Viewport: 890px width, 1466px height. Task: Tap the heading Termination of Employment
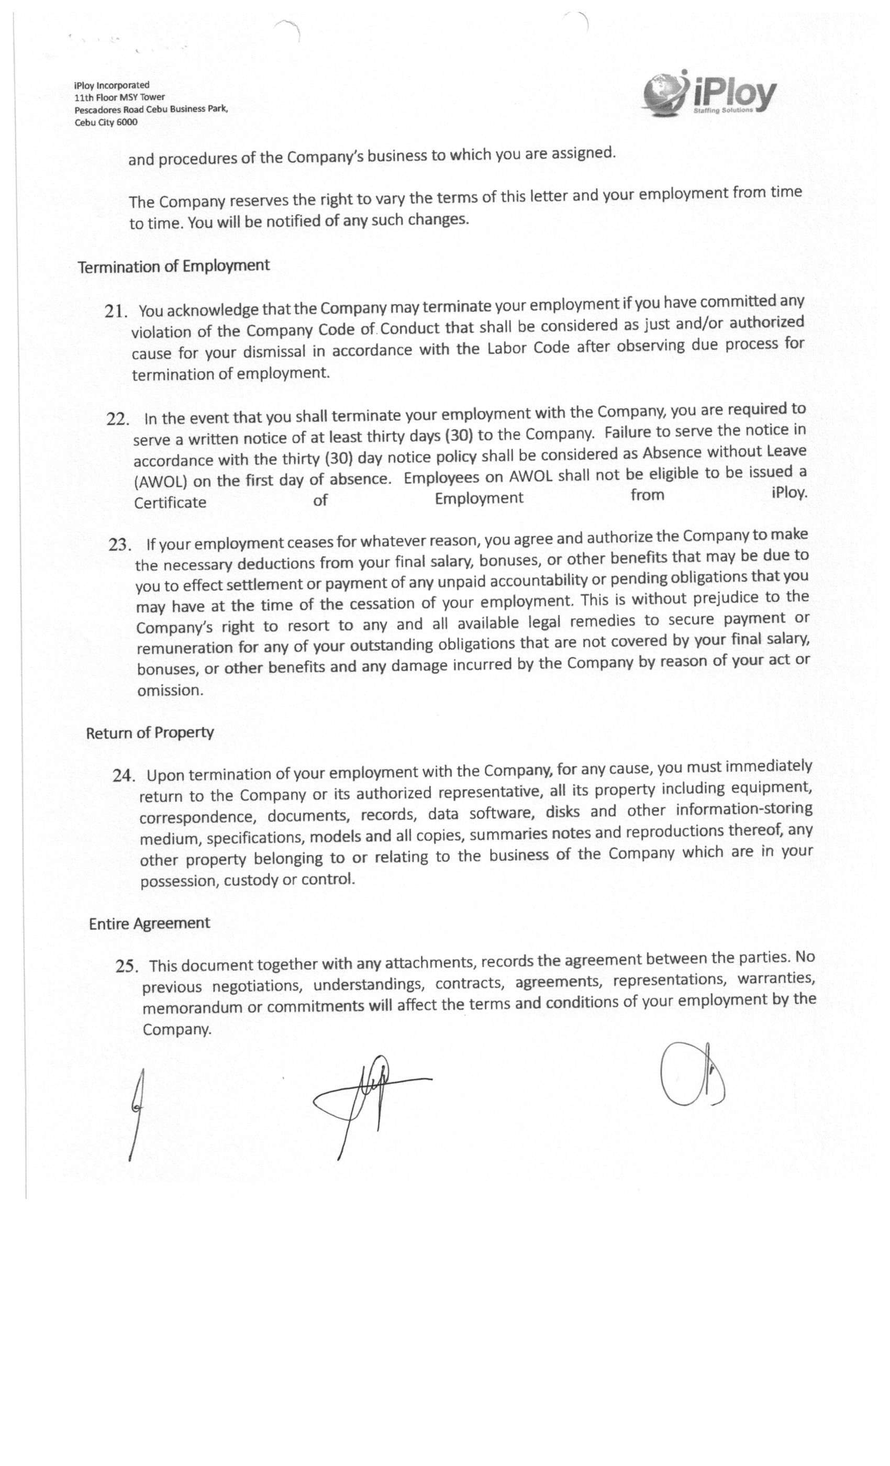pos(173,266)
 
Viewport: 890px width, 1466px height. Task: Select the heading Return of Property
pos(149,732)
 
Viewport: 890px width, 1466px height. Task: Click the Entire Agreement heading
pos(149,924)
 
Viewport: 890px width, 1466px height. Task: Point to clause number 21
pos(115,311)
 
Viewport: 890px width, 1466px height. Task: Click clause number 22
pos(117,419)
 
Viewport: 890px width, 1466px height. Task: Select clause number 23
pos(119,545)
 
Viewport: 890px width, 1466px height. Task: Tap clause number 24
pos(123,775)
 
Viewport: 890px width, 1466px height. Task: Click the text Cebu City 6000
pos(106,123)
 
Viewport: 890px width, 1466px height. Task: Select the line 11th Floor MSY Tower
pos(119,97)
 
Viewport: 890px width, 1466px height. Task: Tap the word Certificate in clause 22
pos(170,503)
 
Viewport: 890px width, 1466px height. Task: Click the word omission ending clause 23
pos(169,691)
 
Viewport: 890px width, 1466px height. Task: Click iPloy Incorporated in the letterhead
pos(112,85)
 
